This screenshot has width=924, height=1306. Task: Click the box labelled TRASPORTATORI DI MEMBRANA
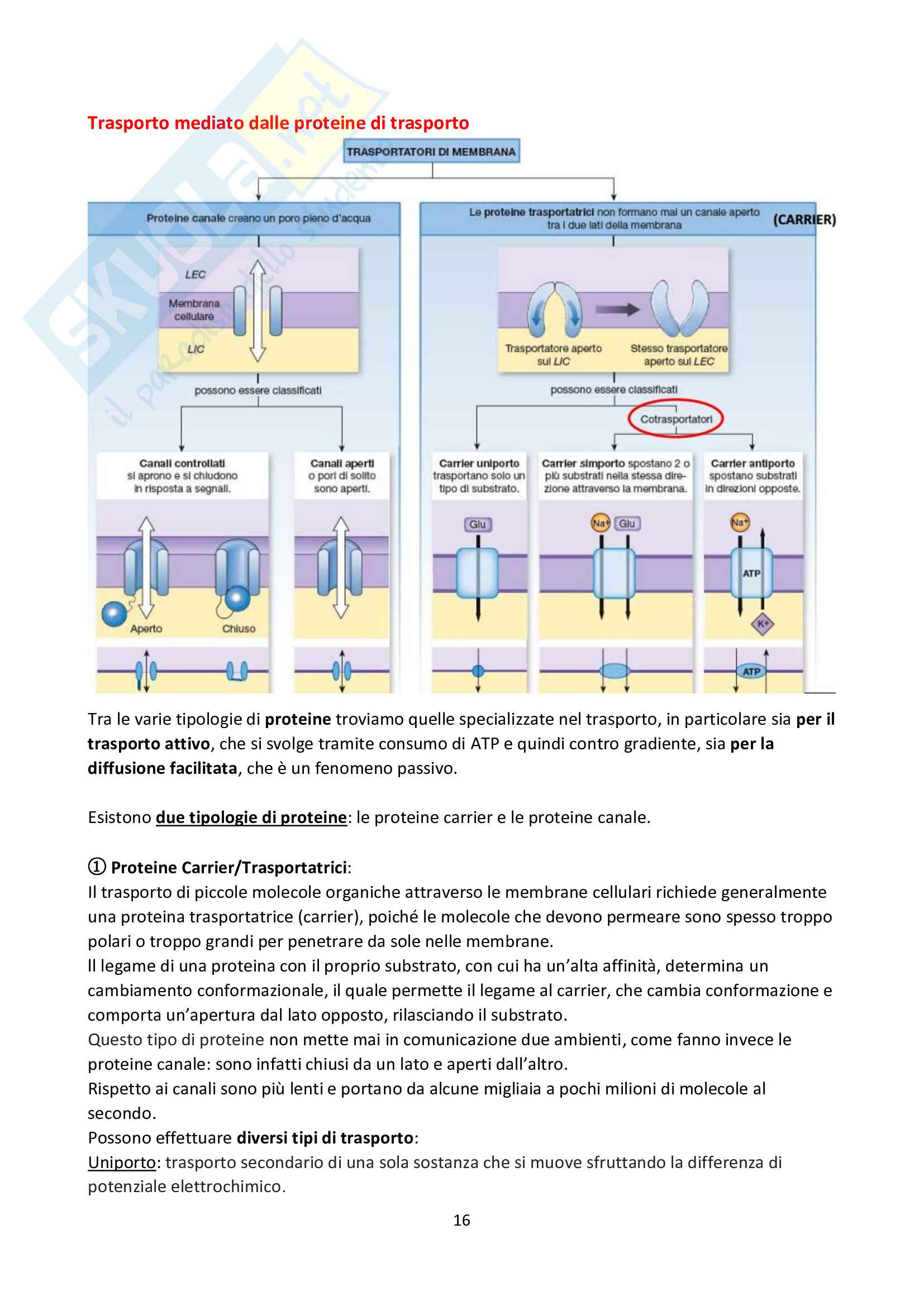tap(431, 152)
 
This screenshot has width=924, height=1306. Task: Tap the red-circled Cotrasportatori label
tap(675, 419)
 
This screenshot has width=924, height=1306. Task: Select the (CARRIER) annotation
tap(804, 219)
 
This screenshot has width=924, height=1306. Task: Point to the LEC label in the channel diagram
tap(195, 275)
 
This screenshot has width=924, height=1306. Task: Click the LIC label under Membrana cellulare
tap(196, 349)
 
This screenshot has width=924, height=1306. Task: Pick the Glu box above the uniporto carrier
tap(477, 524)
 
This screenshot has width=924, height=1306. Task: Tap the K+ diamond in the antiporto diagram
tap(763, 624)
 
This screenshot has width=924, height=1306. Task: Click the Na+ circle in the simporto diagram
tap(600, 523)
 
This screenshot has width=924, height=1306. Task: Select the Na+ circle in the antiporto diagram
tap(740, 522)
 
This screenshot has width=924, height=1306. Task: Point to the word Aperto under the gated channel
tap(146, 629)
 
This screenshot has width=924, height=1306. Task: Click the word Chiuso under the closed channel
tap(239, 629)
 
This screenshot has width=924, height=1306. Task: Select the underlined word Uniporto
tap(122, 1162)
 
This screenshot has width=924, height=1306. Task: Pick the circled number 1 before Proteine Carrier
tap(97, 867)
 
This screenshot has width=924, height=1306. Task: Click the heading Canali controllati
tap(182, 463)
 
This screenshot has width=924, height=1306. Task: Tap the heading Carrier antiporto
tap(752, 463)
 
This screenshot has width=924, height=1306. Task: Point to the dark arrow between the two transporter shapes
tap(617, 309)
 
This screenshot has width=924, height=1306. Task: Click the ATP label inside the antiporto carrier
tap(751, 573)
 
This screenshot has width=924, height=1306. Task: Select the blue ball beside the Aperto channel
tap(114, 614)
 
